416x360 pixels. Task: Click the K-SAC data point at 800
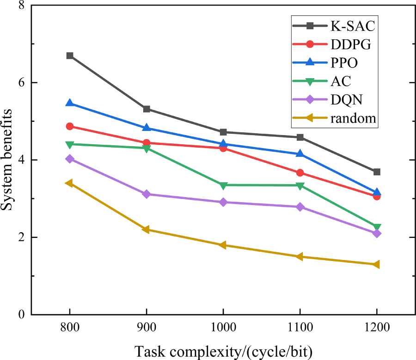70,56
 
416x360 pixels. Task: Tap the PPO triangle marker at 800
70,103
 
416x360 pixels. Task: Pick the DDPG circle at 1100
300,173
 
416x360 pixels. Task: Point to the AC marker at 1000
223,185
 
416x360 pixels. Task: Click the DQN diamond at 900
147,194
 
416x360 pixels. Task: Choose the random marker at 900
147,230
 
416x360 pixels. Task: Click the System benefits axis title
8,160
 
